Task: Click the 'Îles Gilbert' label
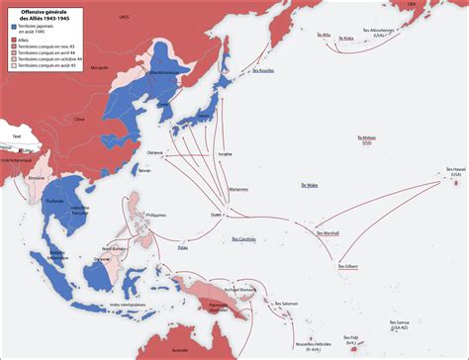coord(348,266)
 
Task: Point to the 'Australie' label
coord(178,351)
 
